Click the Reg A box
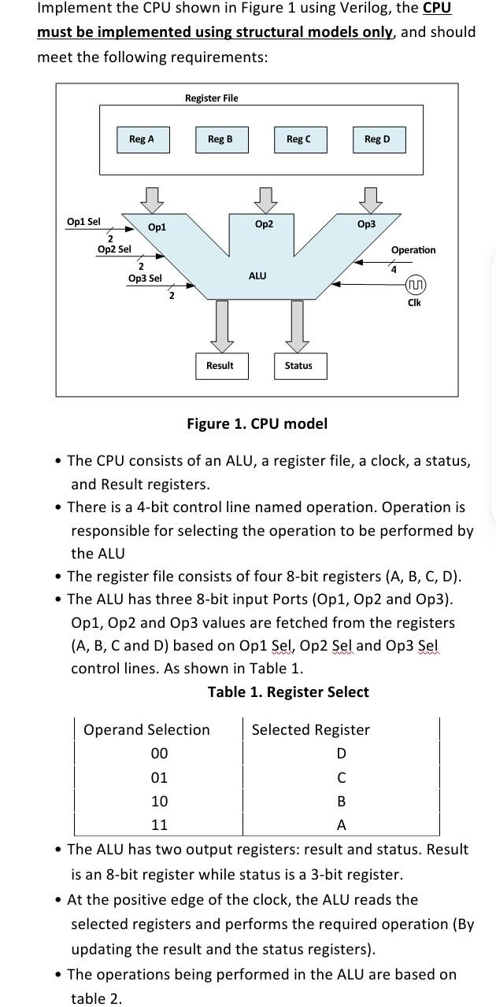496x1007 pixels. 142,139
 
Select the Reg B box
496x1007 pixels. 220,139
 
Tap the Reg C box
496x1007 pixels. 298,139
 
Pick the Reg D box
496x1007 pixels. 377,139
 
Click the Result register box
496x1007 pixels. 220,366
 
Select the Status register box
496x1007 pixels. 298,366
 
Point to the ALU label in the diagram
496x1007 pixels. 257,276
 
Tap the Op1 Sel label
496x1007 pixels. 83,222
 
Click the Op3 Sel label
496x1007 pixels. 144,278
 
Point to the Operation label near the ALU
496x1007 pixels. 413,250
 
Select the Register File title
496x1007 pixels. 211,98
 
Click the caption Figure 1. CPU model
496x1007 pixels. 257,424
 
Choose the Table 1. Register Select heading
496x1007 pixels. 288,692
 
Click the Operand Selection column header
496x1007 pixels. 146,730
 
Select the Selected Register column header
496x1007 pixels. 310,730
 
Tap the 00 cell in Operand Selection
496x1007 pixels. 159,754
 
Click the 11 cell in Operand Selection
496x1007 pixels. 159,825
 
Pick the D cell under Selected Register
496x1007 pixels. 341,754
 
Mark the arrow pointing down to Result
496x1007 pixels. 222,326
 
